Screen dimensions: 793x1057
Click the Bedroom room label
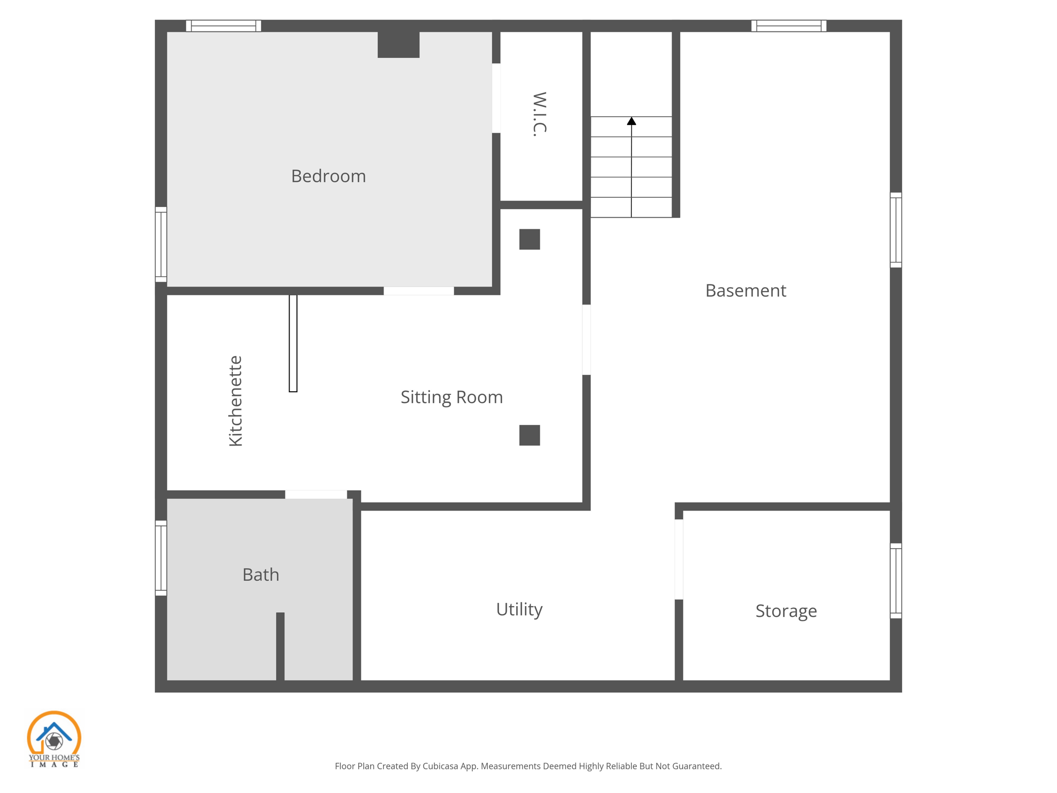point(328,177)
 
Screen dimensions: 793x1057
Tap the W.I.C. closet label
point(539,114)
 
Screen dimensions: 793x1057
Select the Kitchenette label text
point(235,401)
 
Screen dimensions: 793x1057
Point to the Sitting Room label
point(452,397)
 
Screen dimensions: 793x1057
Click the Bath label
point(261,575)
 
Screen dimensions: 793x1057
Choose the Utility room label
point(519,609)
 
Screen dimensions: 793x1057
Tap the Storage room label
point(786,611)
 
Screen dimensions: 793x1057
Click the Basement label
point(746,291)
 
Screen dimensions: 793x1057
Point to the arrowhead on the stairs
point(631,121)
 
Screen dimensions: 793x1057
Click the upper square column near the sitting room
point(530,240)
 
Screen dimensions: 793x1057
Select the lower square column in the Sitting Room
point(530,435)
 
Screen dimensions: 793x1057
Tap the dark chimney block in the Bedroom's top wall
point(398,44)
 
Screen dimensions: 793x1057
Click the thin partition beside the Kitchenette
point(293,343)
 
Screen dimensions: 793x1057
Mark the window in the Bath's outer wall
point(161,558)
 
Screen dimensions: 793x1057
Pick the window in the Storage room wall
point(896,581)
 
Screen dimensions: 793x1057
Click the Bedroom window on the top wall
point(223,26)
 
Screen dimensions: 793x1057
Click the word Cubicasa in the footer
point(441,766)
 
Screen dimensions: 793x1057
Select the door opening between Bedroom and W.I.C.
point(496,98)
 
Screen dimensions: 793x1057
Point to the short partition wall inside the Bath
point(280,646)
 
